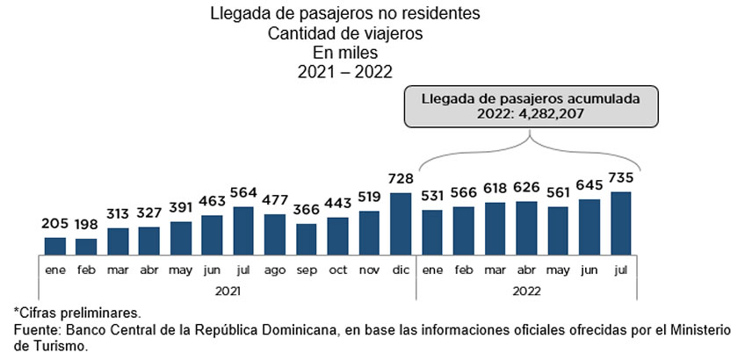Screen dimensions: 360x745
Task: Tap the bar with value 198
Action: [x=86, y=245]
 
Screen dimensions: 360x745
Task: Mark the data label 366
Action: [x=307, y=212]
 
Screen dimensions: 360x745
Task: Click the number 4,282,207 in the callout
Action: [x=548, y=113]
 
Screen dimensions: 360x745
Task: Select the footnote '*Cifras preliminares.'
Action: [x=77, y=313]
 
